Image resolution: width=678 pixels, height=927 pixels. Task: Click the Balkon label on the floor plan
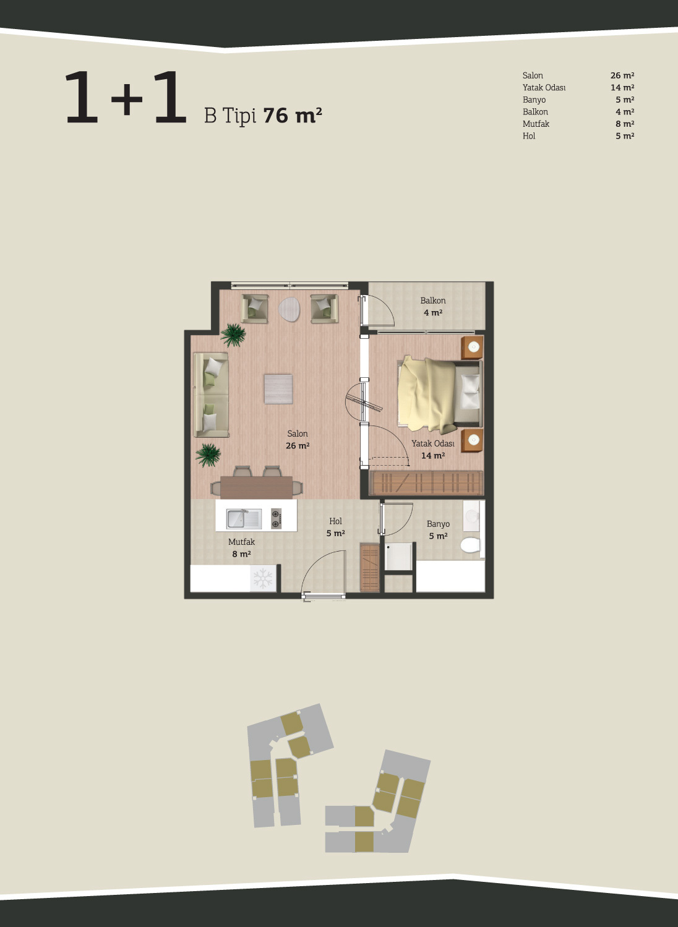click(433, 301)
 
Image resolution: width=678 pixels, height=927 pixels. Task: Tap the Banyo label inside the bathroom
click(438, 524)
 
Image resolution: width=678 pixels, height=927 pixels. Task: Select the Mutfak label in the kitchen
click(241, 542)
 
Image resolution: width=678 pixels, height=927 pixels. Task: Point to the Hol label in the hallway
click(335, 521)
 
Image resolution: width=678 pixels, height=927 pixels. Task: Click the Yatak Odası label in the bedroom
click(433, 443)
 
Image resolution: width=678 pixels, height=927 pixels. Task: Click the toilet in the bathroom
click(471, 545)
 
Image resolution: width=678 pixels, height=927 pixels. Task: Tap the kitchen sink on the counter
click(244, 519)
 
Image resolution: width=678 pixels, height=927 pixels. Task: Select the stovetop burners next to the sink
click(276, 519)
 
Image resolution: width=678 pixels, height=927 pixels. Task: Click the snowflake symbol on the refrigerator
click(263, 578)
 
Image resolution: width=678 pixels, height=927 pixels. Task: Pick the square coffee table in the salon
click(278, 388)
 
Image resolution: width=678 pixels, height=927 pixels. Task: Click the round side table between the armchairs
click(289, 309)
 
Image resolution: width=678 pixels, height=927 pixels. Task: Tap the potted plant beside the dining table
click(208, 455)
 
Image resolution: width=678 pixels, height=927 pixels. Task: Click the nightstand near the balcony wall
click(472, 348)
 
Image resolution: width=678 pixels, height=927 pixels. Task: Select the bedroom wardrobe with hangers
click(426, 482)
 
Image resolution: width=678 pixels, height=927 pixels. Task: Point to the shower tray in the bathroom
click(398, 557)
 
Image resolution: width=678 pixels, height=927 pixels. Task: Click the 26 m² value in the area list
click(622, 75)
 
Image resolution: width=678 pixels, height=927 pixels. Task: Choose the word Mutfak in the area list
click(536, 124)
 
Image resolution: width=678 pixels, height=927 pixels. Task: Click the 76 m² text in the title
click(292, 116)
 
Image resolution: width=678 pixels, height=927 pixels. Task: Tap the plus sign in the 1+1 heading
click(127, 98)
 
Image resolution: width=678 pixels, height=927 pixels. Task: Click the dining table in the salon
click(257, 487)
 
